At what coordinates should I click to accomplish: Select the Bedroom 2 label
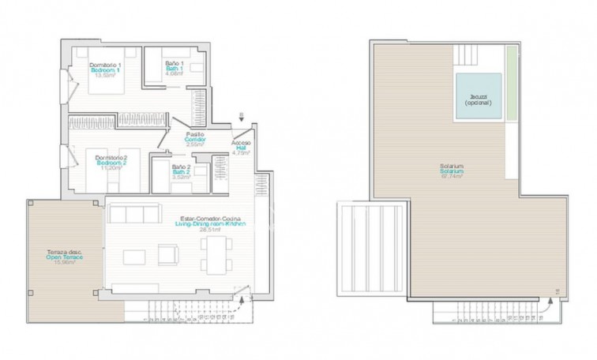111,162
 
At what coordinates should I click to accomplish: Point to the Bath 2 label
181,171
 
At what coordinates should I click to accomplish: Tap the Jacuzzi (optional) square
479,99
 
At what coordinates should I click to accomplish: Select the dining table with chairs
214,254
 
